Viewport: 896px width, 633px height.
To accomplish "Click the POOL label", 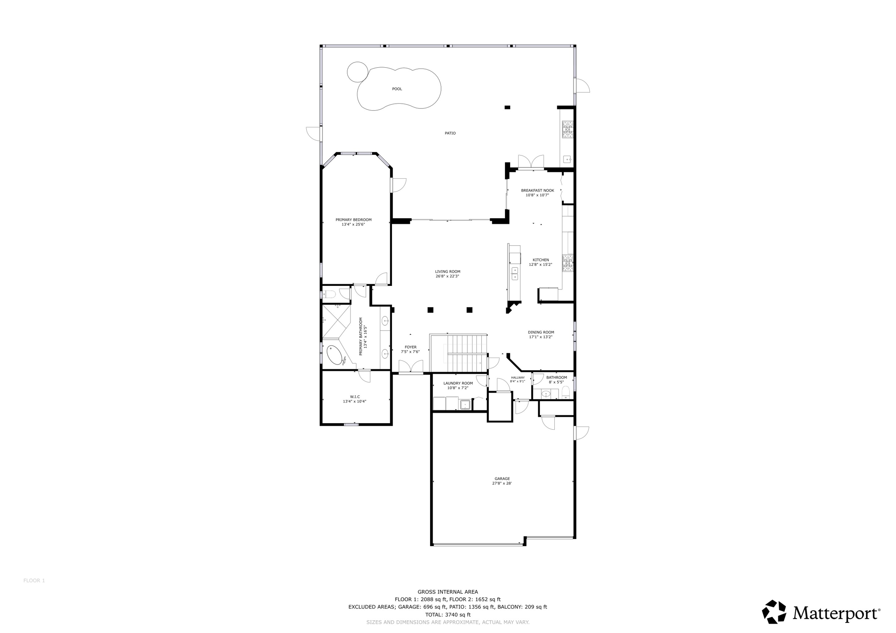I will pyautogui.click(x=397, y=89).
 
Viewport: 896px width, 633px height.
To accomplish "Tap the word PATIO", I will pyautogui.click(x=450, y=133).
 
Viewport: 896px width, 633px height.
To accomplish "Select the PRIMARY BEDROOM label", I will pyautogui.click(x=353, y=220).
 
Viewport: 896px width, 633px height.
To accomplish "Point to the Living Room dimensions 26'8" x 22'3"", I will pyautogui.click(x=448, y=276).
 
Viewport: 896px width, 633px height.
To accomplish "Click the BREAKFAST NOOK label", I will pyautogui.click(x=537, y=191).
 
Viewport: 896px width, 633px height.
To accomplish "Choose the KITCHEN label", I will pyautogui.click(x=541, y=260).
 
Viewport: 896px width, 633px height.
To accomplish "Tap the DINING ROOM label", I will pyautogui.click(x=541, y=332).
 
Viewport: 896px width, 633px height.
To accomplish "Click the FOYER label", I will pyautogui.click(x=410, y=347).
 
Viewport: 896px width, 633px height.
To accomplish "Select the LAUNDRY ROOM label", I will pyautogui.click(x=458, y=383).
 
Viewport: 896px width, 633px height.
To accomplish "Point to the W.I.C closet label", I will pyautogui.click(x=355, y=396).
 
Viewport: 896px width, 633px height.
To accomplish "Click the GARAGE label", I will pyautogui.click(x=502, y=479).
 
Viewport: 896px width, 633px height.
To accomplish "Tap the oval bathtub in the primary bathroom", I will pyautogui.click(x=335, y=355).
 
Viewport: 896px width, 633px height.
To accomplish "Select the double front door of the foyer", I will pyautogui.click(x=411, y=368).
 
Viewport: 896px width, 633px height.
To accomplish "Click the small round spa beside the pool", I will pyautogui.click(x=357, y=72).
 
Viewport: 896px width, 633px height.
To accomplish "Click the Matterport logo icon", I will pyautogui.click(x=774, y=612).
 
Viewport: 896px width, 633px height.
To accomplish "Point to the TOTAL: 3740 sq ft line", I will pyautogui.click(x=448, y=614).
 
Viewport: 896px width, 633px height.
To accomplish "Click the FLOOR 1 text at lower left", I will pyautogui.click(x=34, y=581).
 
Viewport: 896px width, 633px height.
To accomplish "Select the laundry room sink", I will pyautogui.click(x=465, y=404).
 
